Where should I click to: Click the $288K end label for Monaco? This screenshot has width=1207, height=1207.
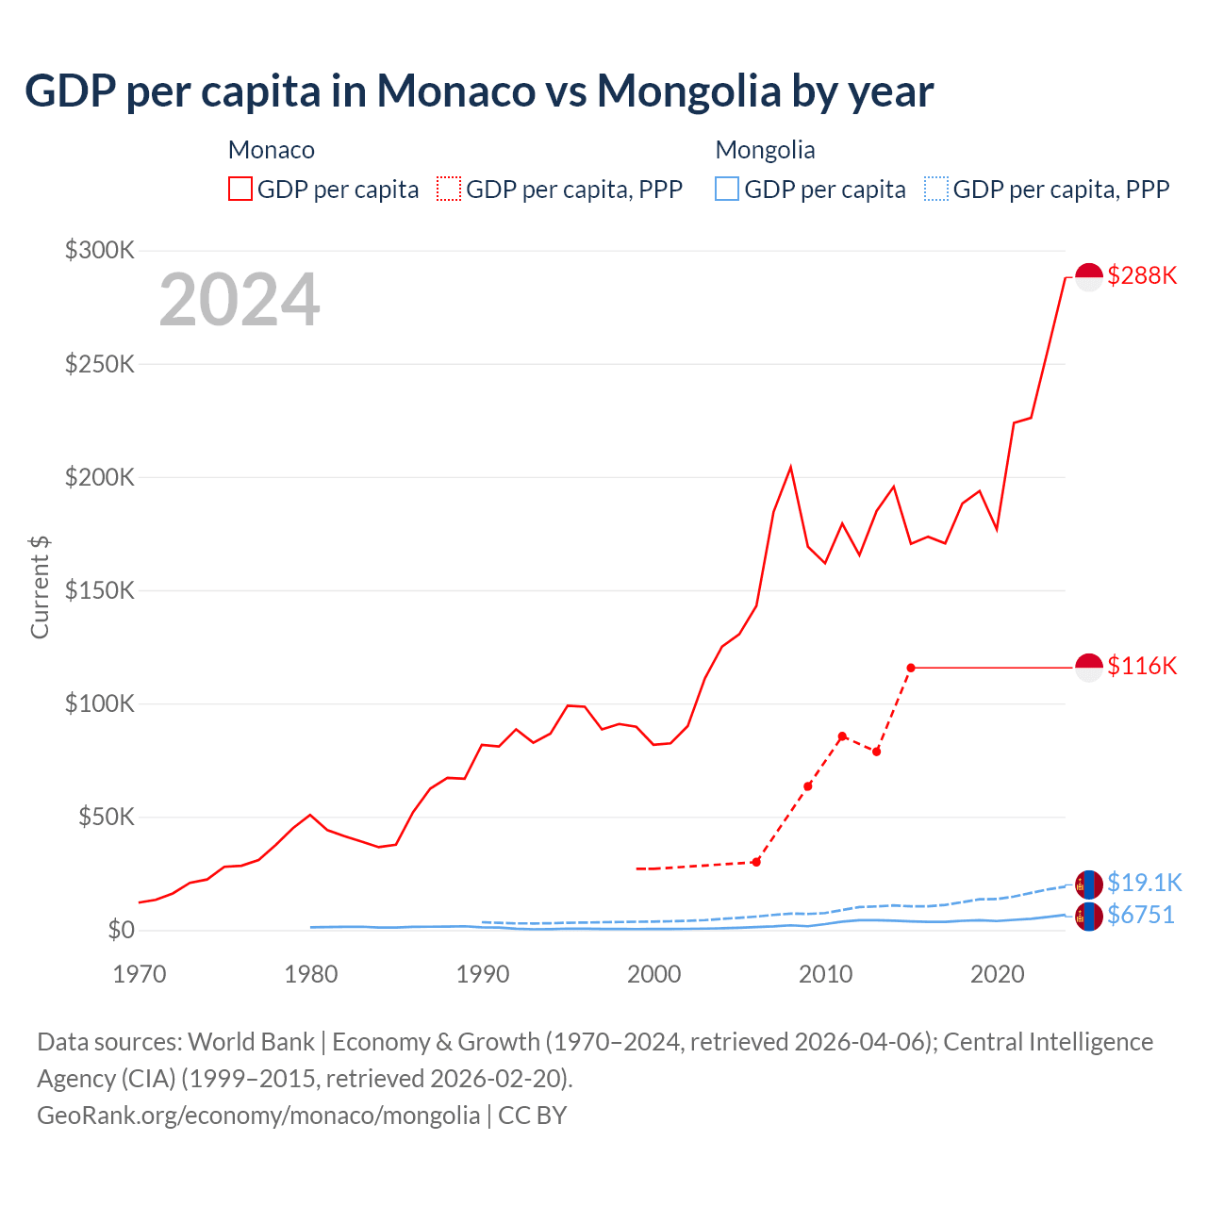(x=1142, y=275)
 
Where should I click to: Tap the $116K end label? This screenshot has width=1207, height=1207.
(x=1142, y=666)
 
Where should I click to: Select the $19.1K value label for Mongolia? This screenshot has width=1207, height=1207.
(x=1144, y=883)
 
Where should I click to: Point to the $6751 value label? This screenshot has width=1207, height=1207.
(x=1140, y=915)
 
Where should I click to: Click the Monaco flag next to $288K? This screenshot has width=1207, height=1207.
(x=1089, y=277)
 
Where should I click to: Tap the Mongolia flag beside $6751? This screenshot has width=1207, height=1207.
(x=1089, y=916)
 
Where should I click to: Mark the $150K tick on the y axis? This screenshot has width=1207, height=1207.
(x=100, y=591)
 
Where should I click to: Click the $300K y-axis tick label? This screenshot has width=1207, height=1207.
(x=100, y=251)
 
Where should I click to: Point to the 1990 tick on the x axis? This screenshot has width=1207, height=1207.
(x=483, y=974)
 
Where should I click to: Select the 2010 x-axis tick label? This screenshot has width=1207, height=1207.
(x=826, y=974)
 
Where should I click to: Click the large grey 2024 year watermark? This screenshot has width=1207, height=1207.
(x=240, y=300)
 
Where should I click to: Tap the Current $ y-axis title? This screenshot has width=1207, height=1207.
(x=40, y=587)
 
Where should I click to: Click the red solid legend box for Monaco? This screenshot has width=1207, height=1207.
(x=240, y=189)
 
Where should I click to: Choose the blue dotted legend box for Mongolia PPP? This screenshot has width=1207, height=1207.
(x=936, y=189)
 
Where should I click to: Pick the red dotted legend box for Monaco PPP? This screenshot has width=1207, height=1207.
(x=449, y=189)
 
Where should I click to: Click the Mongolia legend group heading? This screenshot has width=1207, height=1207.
(x=765, y=150)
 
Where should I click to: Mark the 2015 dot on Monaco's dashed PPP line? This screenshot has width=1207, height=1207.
(x=911, y=668)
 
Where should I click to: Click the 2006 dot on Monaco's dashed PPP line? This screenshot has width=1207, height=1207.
(x=756, y=862)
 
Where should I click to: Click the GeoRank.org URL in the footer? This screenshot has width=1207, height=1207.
(x=258, y=1115)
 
